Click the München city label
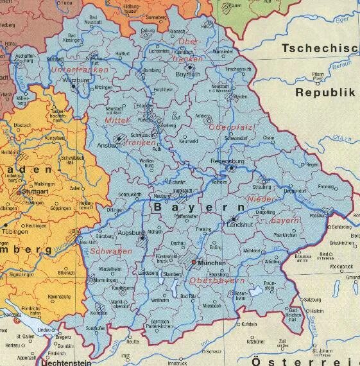(x=214, y=263)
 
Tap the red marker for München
(x=195, y=262)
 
